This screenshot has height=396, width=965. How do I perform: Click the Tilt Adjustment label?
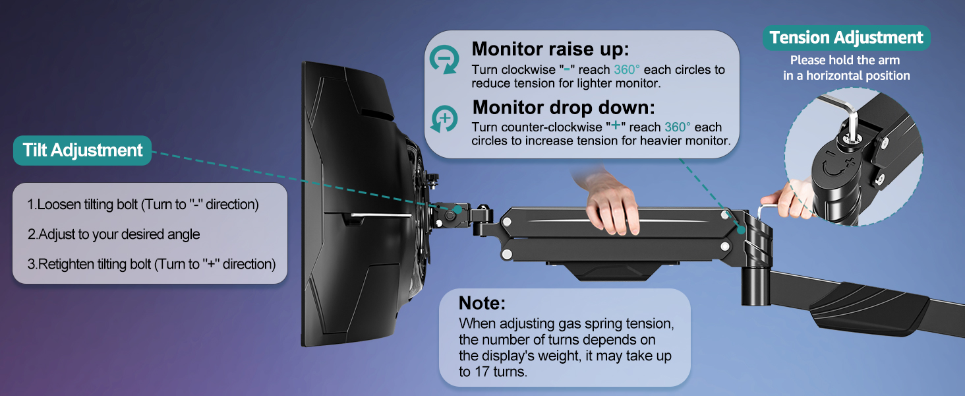point(82,150)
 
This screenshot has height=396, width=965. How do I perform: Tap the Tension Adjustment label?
point(846,38)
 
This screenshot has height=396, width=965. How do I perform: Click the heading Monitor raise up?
point(550,49)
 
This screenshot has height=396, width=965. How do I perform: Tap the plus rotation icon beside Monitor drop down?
point(444,119)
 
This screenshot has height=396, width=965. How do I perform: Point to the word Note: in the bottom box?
point(482,304)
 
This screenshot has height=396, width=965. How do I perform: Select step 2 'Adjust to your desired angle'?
point(113,234)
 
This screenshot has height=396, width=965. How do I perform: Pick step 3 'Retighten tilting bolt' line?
point(151,264)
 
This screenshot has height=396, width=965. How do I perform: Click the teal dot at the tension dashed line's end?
point(742,230)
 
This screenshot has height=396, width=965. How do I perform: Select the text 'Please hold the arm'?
point(845,60)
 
